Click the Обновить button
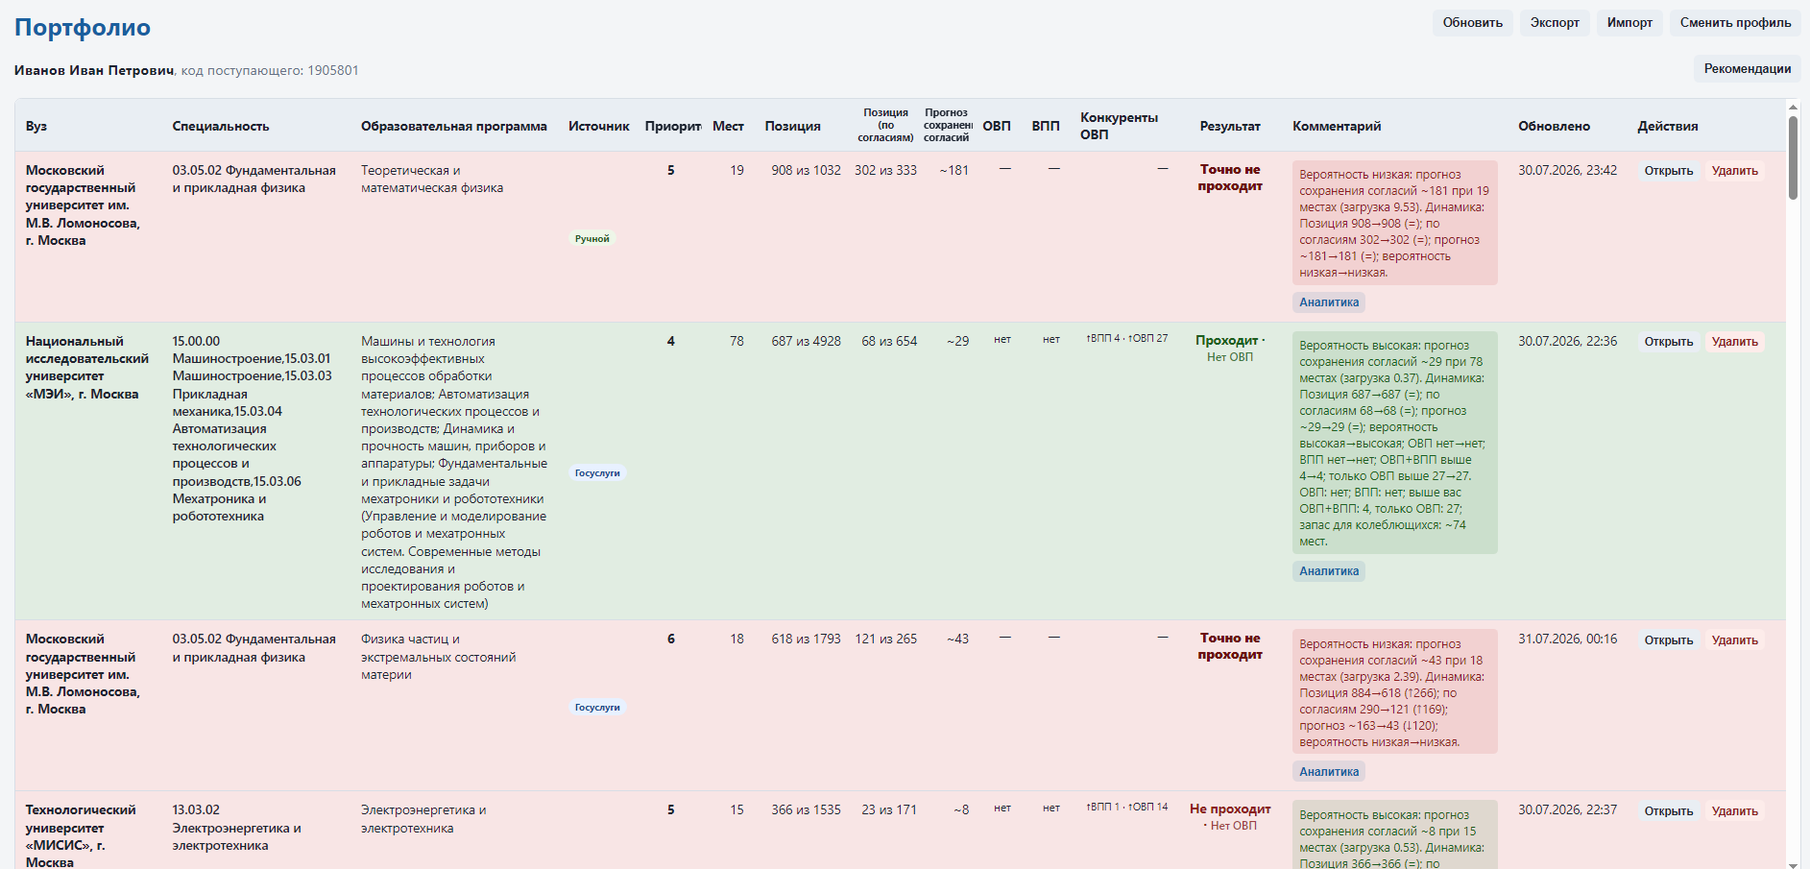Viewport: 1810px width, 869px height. click(1472, 23)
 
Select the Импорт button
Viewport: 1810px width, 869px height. click(1629, 23)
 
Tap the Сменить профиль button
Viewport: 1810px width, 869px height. click(1735, 23)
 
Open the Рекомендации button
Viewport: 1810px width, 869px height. click(1747, 69)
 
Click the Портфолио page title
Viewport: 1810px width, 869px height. click(83, 28)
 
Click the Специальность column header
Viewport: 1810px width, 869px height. click(221, 126)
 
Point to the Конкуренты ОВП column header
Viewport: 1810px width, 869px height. click(1119, 126)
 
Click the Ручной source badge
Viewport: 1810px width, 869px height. click(591, 239)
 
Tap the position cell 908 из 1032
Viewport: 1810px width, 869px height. click(806, 170)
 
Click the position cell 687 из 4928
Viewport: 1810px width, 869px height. click(806, 341)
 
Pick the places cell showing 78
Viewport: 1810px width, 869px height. click(736, 341)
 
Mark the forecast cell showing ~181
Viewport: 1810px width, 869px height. click(953, 170)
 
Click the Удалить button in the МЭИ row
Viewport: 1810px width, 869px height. click(1734, 342)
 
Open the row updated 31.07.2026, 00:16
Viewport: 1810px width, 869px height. click(1668, 640)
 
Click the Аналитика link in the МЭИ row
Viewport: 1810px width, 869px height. click(1329, 571)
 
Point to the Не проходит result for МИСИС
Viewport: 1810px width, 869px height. click(1230, 809)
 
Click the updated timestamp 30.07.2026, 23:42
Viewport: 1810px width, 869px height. click(1567, 170)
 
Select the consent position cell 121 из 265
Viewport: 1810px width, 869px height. click(885, 639)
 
